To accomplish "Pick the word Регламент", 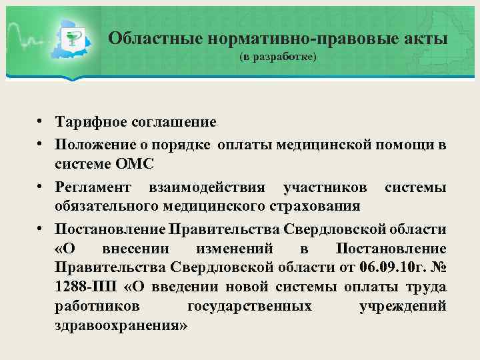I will (93, 188).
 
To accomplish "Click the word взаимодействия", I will (210, 188).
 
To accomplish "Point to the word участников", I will (327, 188).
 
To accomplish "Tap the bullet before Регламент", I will (41, 187).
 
